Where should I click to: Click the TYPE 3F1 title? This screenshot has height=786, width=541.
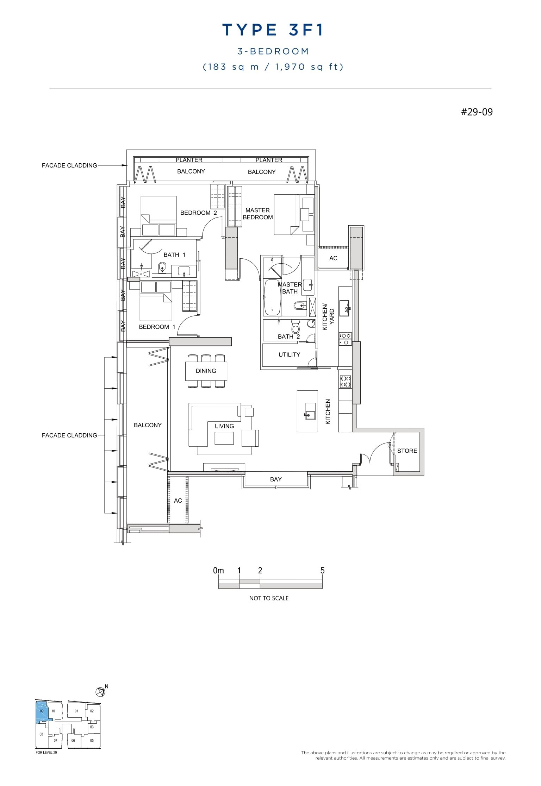pos(273,30)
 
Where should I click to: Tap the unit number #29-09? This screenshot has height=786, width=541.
pos(477,112)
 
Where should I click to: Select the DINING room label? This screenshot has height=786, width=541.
pos(206,371)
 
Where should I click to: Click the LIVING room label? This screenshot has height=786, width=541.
pos(224,426)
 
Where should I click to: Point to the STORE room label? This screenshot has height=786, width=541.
pos(407,451)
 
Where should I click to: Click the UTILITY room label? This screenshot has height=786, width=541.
pos(289,355)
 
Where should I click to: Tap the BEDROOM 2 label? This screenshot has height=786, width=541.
pos(198,213)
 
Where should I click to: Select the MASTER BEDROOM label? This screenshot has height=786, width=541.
pos(258,214)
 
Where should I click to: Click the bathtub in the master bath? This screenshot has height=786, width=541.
pos(272,297)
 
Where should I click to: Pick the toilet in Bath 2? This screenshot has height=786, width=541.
pos(295,327)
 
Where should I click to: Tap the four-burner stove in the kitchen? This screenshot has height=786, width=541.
pos(345,382)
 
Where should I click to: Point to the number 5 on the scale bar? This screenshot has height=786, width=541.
pos(322,571)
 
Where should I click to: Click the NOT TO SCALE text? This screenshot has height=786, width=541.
pos(269,598)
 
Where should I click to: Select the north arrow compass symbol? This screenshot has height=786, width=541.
pos(100,692)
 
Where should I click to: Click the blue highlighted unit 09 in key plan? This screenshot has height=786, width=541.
pos(42,711)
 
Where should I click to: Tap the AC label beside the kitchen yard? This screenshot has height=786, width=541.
pos(333,258)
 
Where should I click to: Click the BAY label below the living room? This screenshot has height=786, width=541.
pos(276,479)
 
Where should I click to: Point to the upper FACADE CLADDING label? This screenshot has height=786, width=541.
pos(69,165)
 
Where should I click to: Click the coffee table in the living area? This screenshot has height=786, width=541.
pos(224,438)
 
